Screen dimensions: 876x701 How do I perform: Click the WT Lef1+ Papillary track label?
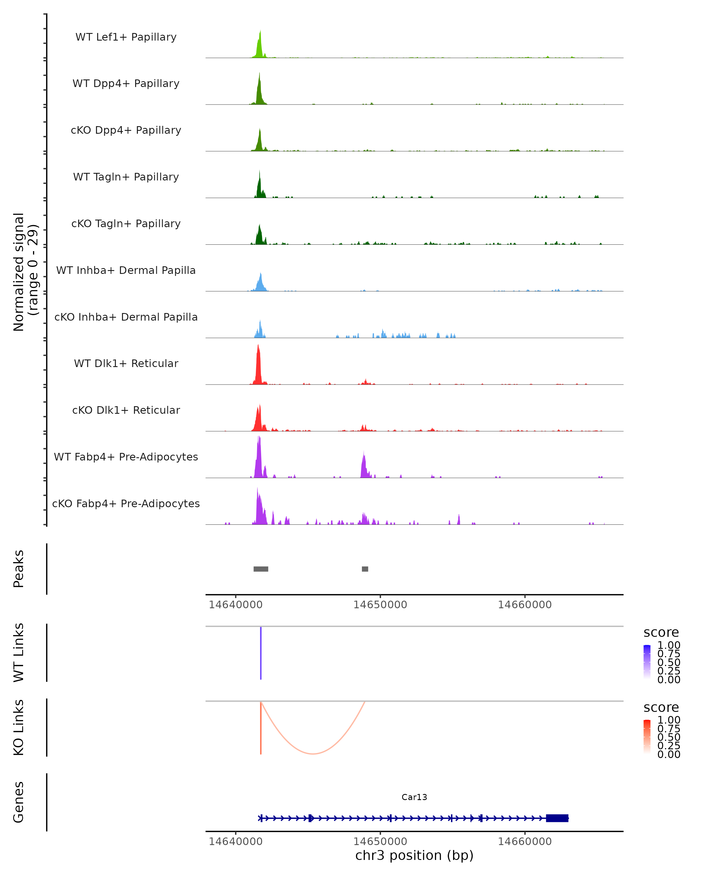tap(126, 37)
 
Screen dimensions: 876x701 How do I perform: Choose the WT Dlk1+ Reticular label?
tap(126, 363)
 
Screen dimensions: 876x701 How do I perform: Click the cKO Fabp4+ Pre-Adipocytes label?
tap(126, 503)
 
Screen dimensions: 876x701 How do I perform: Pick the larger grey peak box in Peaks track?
tap(261, 569)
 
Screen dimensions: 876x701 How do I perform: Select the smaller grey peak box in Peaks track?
tap(365, 569)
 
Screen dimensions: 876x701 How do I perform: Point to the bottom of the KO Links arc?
tap(313, 754)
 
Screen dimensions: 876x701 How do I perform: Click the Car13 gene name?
tap(414, 797)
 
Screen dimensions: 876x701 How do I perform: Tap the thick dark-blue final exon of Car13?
tap(557, 818)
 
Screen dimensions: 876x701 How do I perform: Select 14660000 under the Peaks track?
tap(525, 605)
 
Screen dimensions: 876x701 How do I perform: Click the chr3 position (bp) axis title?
tap(414, 856)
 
